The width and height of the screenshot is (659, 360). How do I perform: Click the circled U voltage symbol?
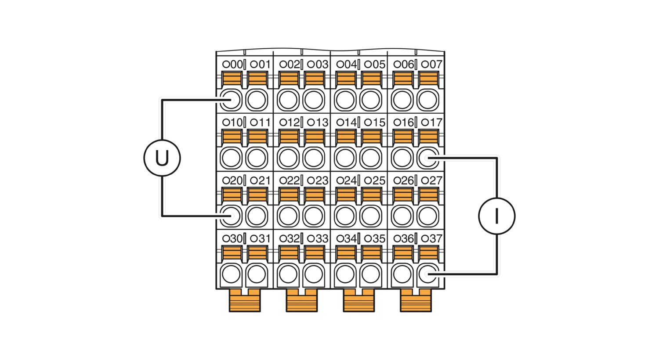pos(162,158)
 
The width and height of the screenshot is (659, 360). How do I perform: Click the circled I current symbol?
pos(496,216)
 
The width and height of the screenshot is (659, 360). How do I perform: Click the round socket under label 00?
pos(231,100)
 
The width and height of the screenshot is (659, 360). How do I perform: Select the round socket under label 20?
pos(231,216)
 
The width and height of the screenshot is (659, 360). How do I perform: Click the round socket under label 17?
pos(428,158)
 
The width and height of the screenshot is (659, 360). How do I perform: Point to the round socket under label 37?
pos(428,274)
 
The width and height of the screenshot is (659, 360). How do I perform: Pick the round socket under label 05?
pos(371,100)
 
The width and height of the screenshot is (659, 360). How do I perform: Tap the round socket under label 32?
pos(288,274)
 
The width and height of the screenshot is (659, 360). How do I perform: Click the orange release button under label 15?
pos(372,137)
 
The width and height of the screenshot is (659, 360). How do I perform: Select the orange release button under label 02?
pos(289,79)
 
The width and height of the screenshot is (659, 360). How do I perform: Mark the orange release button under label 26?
pos(403,195)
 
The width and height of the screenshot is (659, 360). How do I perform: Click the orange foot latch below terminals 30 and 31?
pos(245,300)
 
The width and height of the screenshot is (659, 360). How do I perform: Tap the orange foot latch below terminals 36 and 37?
pos(416,300)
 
